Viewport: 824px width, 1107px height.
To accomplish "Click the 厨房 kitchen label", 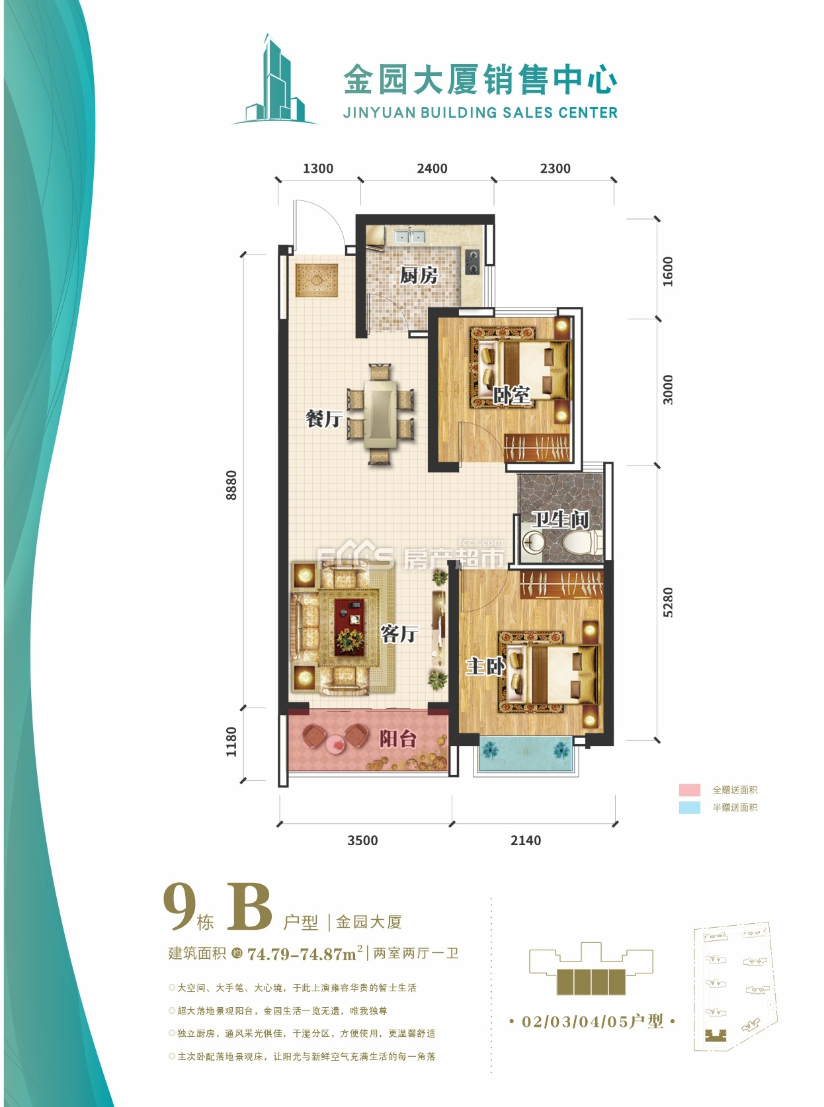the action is coord(418,275).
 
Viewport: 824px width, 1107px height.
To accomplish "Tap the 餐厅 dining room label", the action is coord(323,419).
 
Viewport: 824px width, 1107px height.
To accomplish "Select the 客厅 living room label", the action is coord(399,634).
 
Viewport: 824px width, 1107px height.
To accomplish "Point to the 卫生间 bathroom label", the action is coord(560,520).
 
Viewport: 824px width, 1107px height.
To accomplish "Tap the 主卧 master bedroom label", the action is coord(485,666).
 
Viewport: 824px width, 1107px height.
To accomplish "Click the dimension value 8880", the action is coord(231,485).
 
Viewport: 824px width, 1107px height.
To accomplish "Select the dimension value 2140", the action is coord(526,840).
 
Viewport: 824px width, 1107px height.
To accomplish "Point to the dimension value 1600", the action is coord(668,272).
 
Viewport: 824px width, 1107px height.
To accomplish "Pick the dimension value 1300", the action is coord(318,169).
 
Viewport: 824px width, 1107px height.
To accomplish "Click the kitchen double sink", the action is coord(409,235).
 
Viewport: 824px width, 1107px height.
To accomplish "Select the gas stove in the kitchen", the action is coord(472,261).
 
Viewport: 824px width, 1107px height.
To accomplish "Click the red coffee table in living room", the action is coord(349,627).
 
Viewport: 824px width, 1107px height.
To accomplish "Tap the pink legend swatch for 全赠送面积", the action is coord(689,790).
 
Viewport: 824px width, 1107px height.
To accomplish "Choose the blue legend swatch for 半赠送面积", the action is coord(689,807).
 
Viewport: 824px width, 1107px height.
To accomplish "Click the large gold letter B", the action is coord(249,907).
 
